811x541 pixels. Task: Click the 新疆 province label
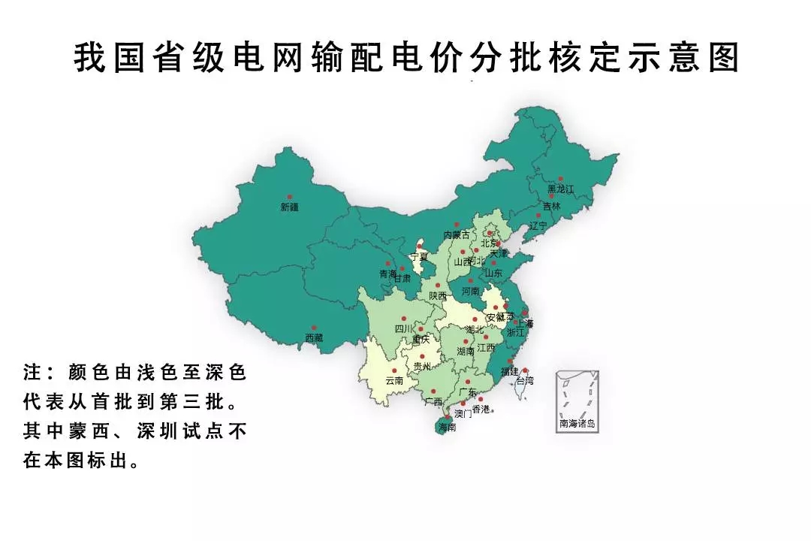tap(289, 207)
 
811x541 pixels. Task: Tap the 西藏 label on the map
tap(314, 338)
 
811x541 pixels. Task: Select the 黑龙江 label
tap(560, 189)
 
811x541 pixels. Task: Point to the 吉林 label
tap(551, 206)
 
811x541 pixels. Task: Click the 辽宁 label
tap(538, 225)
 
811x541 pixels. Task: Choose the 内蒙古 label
tap(457, 235)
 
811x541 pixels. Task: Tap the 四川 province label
tap(403, 329)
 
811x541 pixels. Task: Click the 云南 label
tap(394, 381)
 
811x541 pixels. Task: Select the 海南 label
tap(446, 428)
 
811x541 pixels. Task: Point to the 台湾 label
tap(524, 381)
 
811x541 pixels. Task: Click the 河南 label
tap(470, 291)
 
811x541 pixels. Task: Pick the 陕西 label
tap(438, 296)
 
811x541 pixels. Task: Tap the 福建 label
tap(510, 371)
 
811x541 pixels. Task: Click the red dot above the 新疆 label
tap(290, 197)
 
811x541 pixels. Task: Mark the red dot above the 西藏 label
tap(314, 328)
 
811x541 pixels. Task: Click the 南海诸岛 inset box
tap(577, 401)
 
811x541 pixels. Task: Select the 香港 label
tap(481, 409)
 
